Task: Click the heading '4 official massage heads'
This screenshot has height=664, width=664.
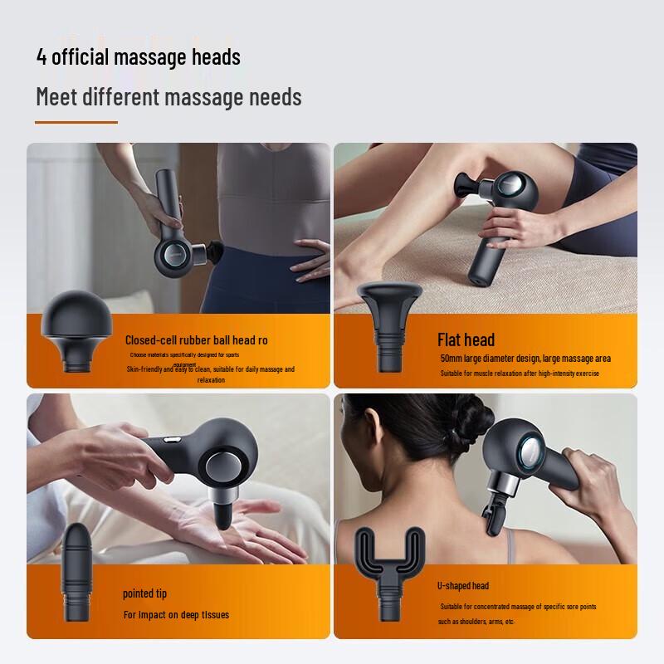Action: click(x=138, y=57)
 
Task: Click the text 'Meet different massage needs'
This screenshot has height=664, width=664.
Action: click(x=168, y=97)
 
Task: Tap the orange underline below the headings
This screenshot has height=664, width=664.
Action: click(x=76, y=122)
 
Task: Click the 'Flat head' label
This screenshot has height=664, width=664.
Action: click(x=466, y=339)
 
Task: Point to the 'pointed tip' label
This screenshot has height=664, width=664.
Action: click(x=144, y=593)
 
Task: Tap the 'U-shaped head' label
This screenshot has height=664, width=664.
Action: click(x=462, y=585)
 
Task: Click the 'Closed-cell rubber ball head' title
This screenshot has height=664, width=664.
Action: click(x=196, y=339)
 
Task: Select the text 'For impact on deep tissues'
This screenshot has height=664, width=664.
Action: click(x=176, y=615)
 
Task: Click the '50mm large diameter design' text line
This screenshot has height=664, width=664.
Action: click(x=525, y=359)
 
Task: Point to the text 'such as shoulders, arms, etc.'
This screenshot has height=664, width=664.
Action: click(x=476, y=622)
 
